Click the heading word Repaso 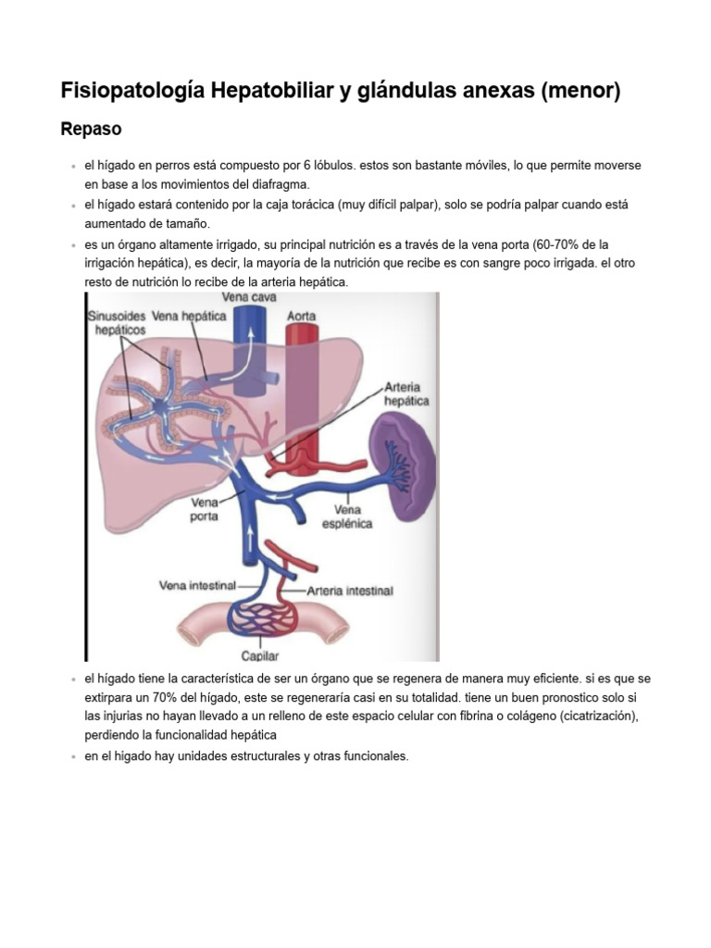[x=91, y=129]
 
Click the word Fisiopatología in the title [x=131, y=91]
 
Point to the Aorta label [x=301, y=316]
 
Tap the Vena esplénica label [x=347, y=516]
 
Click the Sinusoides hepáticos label [x=117, y=322]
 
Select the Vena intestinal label [x=197, y=585]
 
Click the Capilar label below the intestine [x=260, y=655]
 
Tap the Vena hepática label [x=189, y=316]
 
